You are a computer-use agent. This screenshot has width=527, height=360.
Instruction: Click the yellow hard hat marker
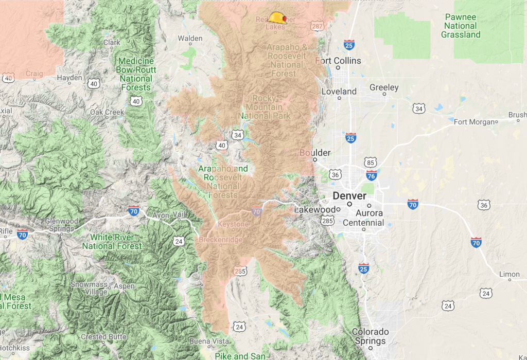click(277, 18)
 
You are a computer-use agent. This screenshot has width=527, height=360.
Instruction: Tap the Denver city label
click(349, 196)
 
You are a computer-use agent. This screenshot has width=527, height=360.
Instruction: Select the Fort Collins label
click(339, 61)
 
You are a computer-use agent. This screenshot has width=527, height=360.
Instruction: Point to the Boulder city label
click(315, 153)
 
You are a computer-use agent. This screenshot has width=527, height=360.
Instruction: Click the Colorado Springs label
click(370, 336)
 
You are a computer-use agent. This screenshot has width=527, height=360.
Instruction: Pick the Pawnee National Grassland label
click(461, 26)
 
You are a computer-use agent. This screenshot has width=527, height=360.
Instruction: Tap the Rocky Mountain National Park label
click(268, 107)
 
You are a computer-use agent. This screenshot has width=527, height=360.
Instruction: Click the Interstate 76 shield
click(371, 176)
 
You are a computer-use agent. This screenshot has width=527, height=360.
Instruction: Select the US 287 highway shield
click(318, 25)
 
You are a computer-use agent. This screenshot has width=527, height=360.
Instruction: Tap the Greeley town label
click(384, 87)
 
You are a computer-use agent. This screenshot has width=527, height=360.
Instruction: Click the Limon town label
click(510, 274)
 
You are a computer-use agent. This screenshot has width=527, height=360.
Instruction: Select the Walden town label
click(190, 38)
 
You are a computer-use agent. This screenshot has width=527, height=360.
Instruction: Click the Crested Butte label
click(101, 337)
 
